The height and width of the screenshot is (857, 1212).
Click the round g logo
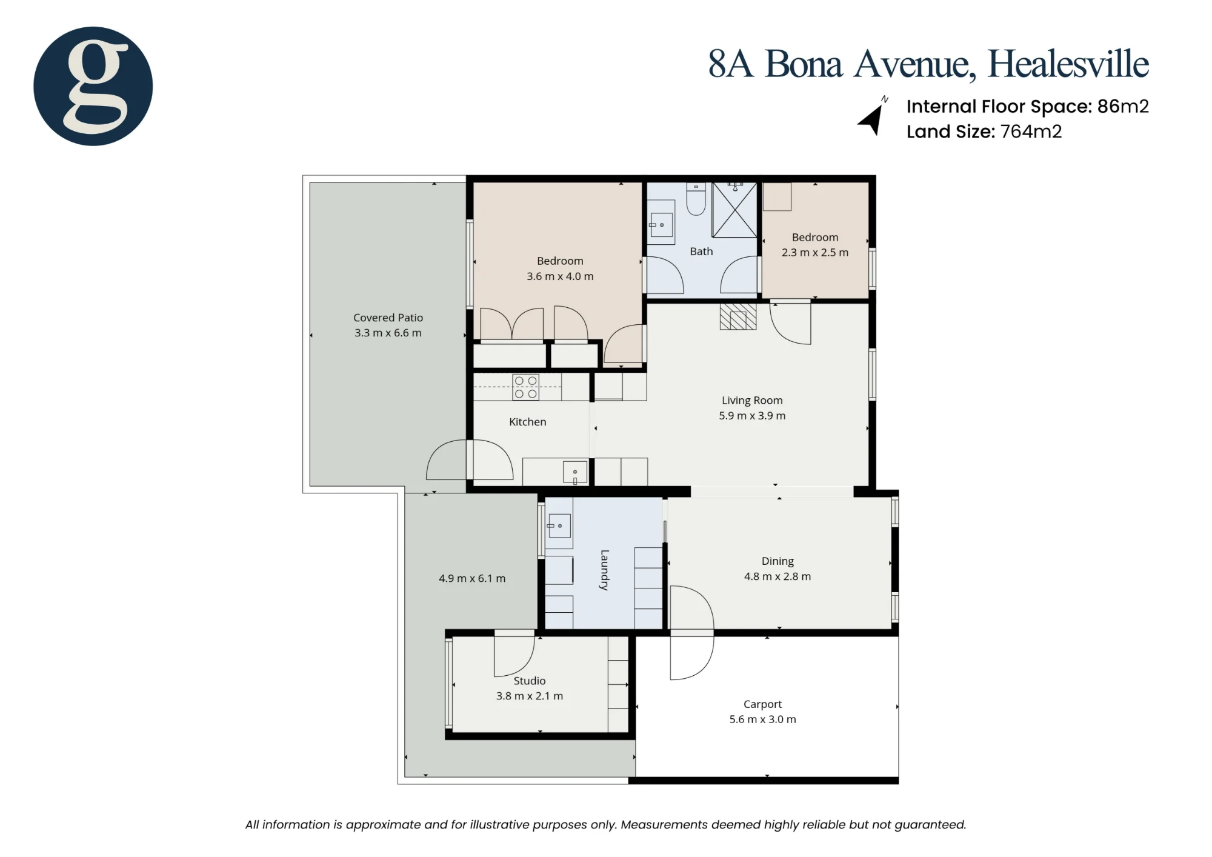[x=93, y=86]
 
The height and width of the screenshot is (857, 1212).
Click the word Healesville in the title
[x=1068, y=64]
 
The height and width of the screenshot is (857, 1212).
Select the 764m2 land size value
[x=1031, y=132]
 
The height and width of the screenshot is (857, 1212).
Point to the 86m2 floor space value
[x=1123, y=106]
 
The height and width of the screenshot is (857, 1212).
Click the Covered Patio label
[x=388, y=318]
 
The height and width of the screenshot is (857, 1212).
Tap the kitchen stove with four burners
[x=525, y=387]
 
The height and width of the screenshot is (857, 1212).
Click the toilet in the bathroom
[x=696, y=199]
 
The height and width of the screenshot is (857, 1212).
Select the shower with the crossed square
[x=734, y=210]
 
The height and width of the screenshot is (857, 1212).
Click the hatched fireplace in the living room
[x=738, y=317]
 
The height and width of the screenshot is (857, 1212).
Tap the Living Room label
[x=752, y=401]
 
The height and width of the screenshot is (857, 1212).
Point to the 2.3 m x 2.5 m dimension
[x=815, y=253]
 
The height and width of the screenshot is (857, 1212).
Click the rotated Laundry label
[x=604, y=570]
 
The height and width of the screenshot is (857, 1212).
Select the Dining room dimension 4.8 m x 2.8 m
[x=777, y=576]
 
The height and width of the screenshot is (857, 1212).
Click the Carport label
[x=762, y=704]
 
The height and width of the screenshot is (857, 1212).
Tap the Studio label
[x=530, y=681]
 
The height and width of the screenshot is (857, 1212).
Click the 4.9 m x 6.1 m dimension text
[x=472, y=579]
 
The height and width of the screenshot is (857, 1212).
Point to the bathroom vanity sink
[x=661, y=225]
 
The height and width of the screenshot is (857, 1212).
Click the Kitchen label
[x=528, y=422]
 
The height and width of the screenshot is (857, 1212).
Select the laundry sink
[x=559, y=525]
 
